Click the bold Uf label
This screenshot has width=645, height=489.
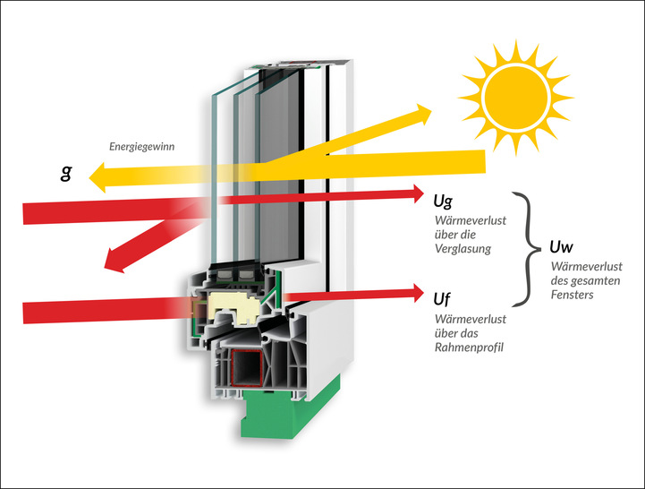click(x=443, y=297)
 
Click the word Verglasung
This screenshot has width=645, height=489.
click(x=462, y=249)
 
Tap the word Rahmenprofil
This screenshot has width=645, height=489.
click(x=467, y=347)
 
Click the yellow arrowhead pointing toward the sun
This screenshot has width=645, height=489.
click(x=419, y=113)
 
